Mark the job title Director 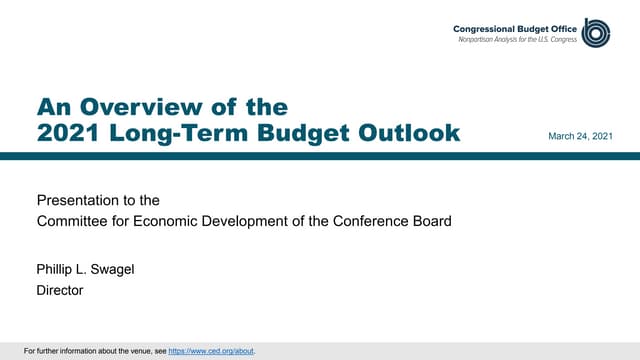tap(59, 290)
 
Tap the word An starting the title tap(49, 107)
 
